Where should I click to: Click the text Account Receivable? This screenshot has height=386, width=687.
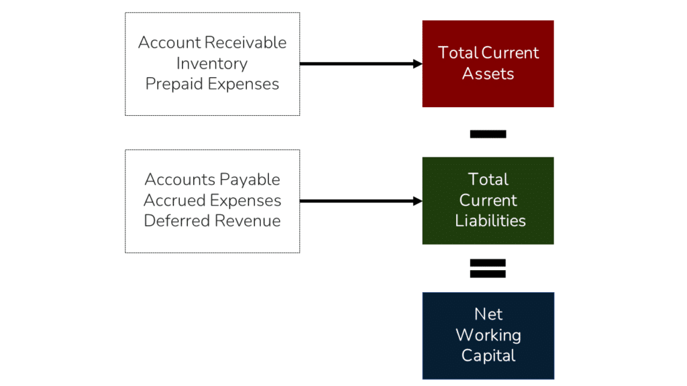pos(212,43)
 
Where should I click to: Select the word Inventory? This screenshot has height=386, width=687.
pos(212,64)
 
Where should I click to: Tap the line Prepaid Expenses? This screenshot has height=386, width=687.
pos(212,84)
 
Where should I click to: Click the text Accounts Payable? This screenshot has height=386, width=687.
pos(212,180)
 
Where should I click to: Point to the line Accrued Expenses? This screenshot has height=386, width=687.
pos(212,200)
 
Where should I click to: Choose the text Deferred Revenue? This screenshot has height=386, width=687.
pos(212,221)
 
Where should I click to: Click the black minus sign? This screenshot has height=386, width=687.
pos(488,134)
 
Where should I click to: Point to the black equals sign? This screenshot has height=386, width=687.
pos(488,268)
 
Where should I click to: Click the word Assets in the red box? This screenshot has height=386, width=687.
pos(488,74)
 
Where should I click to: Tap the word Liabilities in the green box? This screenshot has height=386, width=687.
pos(490,221)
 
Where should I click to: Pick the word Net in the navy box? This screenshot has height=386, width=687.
pos(488,314)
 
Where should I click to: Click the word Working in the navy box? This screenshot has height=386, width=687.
pos(488,335)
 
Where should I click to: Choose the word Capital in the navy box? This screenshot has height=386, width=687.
pos(488,356)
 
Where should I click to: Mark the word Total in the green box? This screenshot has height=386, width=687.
pos(488,180)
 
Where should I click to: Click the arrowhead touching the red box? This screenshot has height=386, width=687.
pos(417,64)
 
